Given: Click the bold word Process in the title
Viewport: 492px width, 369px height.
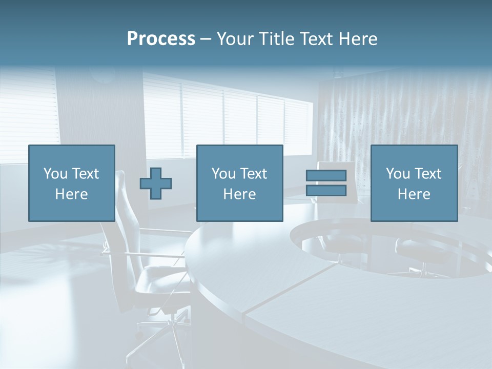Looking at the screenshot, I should [x=161, y=39].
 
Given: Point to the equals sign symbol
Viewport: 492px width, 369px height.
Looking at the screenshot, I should [x=326, y=183].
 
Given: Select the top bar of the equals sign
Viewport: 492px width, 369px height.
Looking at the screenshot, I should [x=326, y=176].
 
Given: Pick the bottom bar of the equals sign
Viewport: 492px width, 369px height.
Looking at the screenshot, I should [x=326, y=191].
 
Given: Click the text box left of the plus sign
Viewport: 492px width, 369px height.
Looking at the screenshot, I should [x=71, y=183].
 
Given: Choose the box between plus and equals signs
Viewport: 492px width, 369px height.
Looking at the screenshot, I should [x=239, y=183].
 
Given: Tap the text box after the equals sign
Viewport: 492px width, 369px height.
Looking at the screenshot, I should [x=414, y=183].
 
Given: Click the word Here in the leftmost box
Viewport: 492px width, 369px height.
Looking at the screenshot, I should [x=71, y=194].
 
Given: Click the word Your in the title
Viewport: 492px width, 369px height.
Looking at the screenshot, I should [x=235, y=39].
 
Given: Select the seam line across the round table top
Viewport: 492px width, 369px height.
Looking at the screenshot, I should [x=287, y=292].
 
